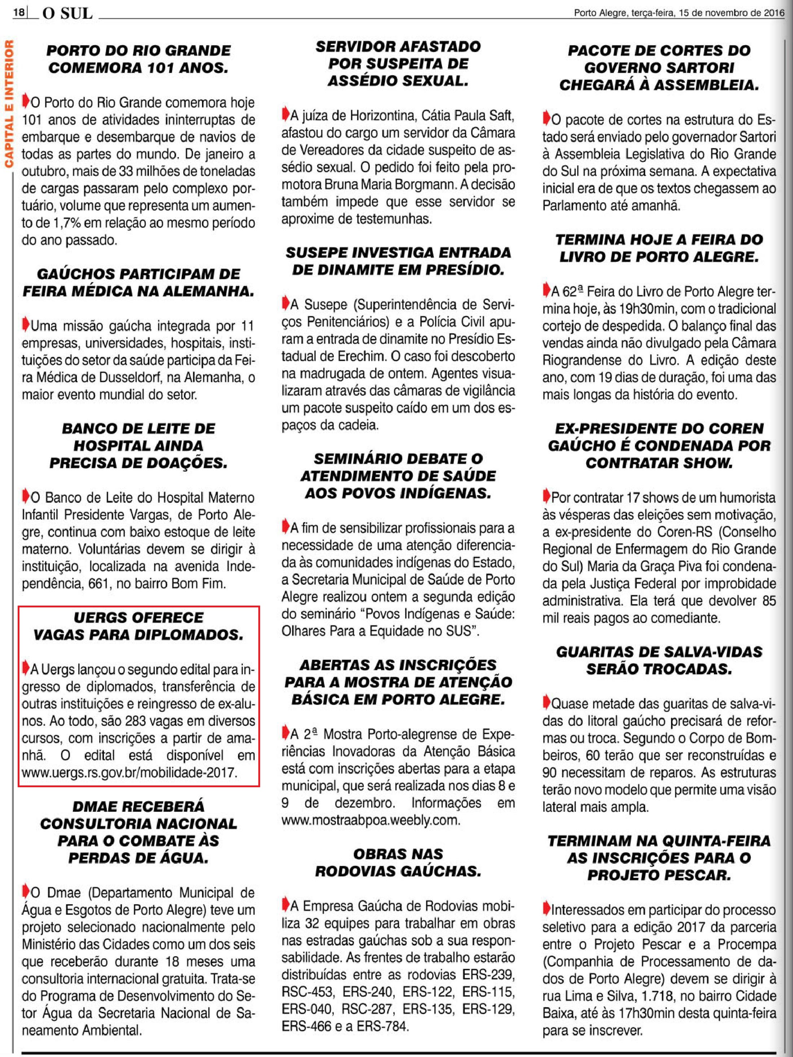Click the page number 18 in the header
[x=19, y=12]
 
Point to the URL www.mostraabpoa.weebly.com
[x=371, y=820]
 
